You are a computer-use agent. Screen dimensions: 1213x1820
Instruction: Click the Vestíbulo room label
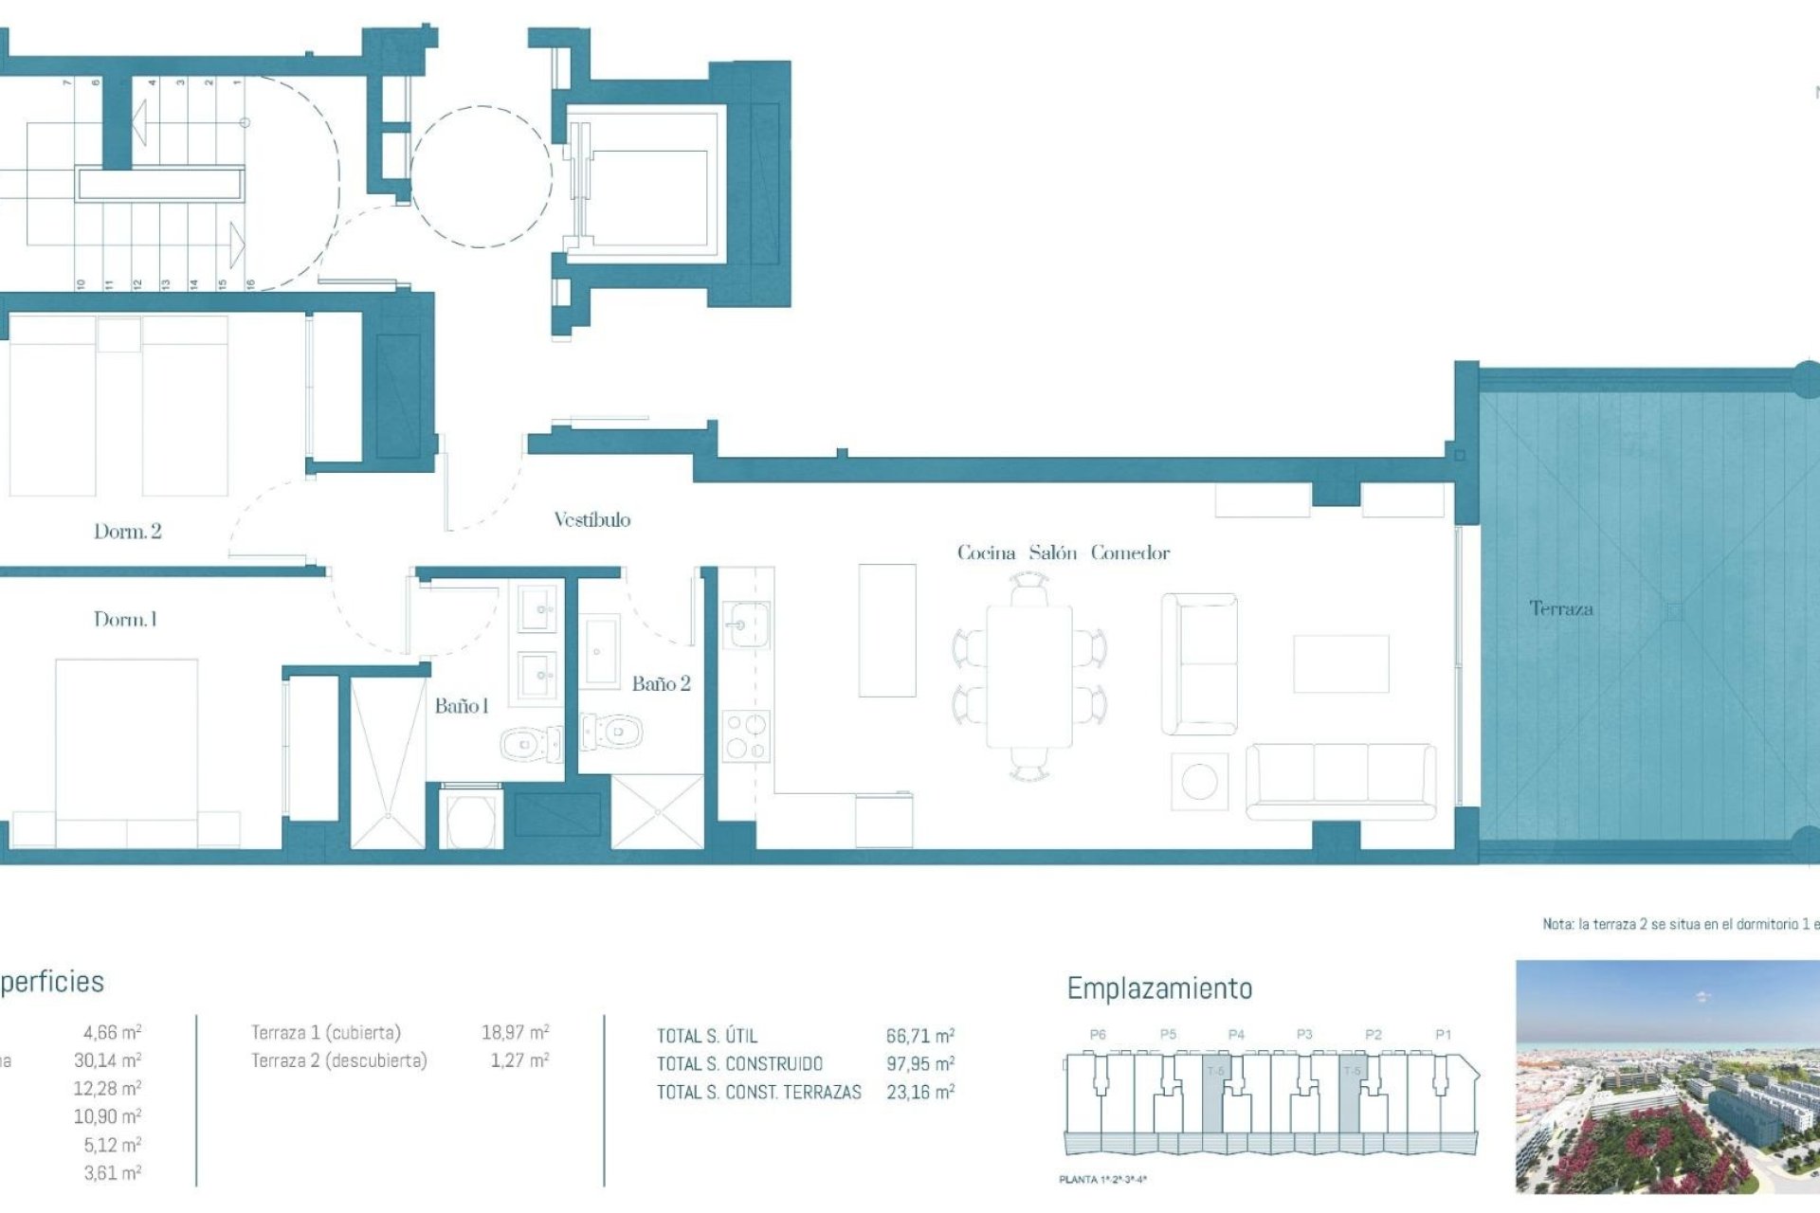coord(591,519)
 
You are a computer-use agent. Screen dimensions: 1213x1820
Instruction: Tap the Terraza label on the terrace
coord(1560,608)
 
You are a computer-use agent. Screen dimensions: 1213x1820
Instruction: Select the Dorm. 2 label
coord(127,532)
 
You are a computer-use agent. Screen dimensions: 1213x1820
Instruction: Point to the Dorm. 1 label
coord(125,620)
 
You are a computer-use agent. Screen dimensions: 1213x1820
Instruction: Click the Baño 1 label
coord(462,706)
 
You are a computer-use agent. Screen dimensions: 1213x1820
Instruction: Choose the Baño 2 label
coord(661,684)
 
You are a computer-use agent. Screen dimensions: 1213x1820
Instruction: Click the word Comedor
coord(1130,552)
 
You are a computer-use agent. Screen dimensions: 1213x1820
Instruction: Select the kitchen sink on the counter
coord(748,625)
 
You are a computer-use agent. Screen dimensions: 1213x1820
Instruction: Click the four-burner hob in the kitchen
coord(746,737)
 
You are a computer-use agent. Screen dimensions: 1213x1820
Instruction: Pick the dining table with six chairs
coord(1029,677)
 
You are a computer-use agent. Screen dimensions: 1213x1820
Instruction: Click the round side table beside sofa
coord(1199,782)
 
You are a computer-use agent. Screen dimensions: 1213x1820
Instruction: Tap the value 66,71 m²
coord(919,1036)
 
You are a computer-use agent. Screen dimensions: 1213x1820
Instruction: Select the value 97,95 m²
coord(919,1064)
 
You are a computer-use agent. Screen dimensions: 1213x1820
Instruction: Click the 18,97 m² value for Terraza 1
coord(515,1032)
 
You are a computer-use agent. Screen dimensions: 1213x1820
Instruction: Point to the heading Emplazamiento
coord(1159,988)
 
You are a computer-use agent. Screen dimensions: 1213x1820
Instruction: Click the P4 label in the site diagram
coord(1236,1035)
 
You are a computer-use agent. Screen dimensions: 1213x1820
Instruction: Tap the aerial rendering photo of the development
coord(1666,1077)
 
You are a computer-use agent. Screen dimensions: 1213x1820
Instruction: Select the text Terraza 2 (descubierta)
coord(338,1060)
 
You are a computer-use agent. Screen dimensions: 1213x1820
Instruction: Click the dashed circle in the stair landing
coord(482,176)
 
